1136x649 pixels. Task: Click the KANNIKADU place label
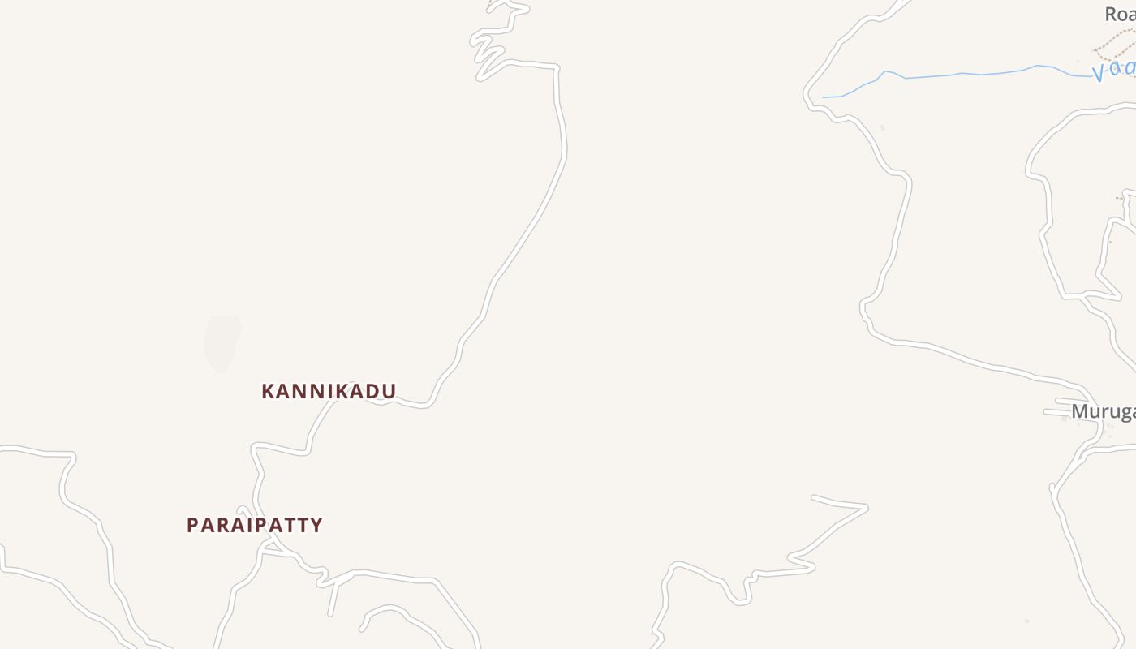pyautogui.click(x=329, y=391)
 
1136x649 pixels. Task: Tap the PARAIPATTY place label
pyautogui.click(x=255, y=525)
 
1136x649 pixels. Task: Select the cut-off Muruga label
pyautogui.click(x=1103, y=412)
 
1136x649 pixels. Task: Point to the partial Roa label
pyautogui.click(x=1120, y=14)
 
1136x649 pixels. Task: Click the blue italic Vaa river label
pyautogui.click(x=1114, y=71)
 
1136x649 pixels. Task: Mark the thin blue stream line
pyautogui.click(x=957, y=75)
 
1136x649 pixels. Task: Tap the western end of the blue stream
pyautogui.click(x=824, y=97)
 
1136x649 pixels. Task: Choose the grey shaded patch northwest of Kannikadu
pyautogui.click(x=222, y=342)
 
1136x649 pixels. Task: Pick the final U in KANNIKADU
pyautogui.click(x=389, y=391)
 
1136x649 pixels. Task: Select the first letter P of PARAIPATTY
pyautogui.click(x=193, y=525)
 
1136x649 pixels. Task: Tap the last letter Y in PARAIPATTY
pyautogui.click(x=316, y=525)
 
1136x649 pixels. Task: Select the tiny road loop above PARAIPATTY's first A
pyautogui.click(x=243, y=510)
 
